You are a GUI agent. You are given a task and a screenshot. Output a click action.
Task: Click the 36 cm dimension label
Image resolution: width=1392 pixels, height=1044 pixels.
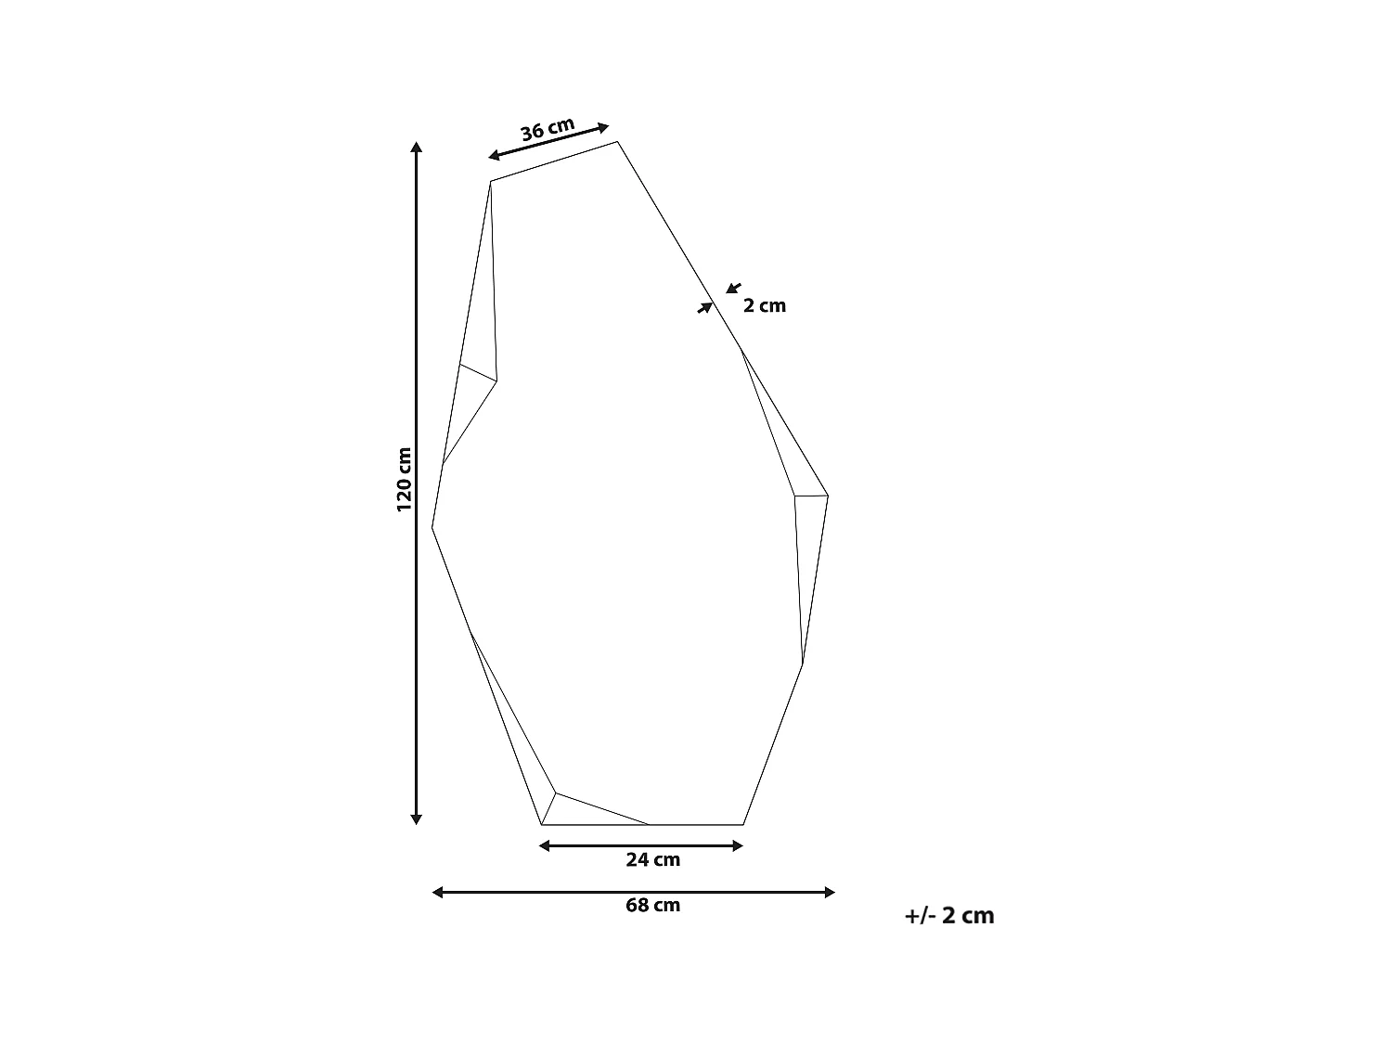[x=548, y=129]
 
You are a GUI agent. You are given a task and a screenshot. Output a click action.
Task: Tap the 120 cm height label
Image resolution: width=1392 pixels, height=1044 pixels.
[x=404, y=480]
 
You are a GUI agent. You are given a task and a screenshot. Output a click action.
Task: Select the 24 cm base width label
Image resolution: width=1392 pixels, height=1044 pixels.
[x=652, y=860]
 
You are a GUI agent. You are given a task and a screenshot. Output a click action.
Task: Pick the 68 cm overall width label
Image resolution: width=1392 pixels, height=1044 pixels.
[x=652, y=906]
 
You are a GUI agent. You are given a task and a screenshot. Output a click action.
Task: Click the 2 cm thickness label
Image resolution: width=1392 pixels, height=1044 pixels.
[x=764, y=306]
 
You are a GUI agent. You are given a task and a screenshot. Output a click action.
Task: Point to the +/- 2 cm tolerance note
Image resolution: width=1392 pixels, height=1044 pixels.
[x=949, y=916]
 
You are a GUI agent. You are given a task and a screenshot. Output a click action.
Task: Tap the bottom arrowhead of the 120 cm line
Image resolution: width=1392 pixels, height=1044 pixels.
[x=417, y=818]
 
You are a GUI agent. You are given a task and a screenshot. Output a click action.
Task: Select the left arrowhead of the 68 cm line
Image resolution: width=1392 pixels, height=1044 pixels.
[x=438, y=893]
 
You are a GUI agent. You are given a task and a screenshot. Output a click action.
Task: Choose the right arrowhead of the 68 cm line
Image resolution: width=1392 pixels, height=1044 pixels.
[x=830, y=893]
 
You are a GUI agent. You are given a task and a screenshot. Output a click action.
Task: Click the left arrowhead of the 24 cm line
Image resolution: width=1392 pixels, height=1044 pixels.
[x=545, y=845]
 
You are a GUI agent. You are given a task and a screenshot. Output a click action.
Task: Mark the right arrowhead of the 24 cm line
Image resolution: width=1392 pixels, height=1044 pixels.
[x=739, y=845]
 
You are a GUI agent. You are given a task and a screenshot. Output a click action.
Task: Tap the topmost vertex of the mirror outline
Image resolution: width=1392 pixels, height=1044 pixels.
[x=618, y=142]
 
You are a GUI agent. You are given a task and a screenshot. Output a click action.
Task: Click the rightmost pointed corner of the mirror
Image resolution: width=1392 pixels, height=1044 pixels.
[x=827, y=496]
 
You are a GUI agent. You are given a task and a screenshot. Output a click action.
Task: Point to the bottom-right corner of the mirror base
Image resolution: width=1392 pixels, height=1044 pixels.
[x=743, y=824]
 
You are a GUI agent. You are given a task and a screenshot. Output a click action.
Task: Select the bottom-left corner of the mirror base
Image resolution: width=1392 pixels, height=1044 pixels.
[x=542, y=824]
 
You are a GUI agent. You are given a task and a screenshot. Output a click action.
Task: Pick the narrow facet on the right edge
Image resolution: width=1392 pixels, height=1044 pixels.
[x=810, y=566]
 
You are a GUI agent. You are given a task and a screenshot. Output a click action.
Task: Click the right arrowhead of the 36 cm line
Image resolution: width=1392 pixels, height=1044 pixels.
[x=604, y=127]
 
